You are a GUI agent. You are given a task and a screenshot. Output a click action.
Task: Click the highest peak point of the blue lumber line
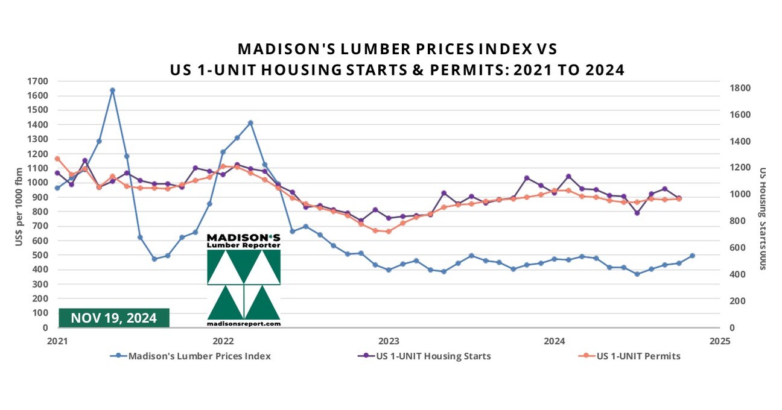pos(112,90)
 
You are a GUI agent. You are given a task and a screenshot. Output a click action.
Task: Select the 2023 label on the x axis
pos(389,341)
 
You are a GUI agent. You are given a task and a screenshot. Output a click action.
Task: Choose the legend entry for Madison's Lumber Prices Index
pos(199,356)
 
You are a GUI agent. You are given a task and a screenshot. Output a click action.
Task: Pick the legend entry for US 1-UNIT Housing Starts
pos(433,356)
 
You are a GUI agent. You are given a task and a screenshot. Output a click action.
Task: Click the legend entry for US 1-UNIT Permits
pos(638,356)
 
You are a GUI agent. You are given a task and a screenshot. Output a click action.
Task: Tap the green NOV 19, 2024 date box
pos(114,318)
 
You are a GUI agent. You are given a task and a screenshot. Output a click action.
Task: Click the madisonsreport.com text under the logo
pos(244,324)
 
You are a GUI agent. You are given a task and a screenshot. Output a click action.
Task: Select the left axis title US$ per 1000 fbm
pos(18,206)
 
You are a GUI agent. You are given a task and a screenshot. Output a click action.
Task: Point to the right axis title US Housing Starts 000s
pos(763,218)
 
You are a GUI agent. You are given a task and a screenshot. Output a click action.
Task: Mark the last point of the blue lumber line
pos(692,256)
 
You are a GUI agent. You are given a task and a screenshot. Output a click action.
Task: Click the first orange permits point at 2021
pos(57,159)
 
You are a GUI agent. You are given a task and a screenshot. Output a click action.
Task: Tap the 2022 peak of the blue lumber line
pos(250,123)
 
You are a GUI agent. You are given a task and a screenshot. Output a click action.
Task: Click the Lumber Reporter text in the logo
pos(243,245)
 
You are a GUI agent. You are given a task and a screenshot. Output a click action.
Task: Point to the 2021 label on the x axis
pos(57,341)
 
